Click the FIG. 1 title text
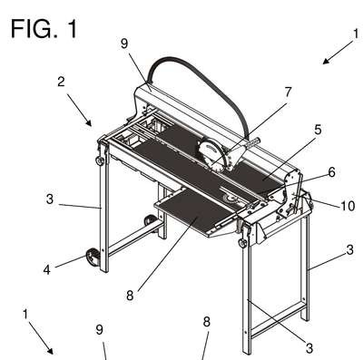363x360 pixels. coord(44,29)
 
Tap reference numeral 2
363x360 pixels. coord(61,82)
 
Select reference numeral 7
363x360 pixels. coord(287,92)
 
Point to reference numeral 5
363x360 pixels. coord(318,130)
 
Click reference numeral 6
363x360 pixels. coord(331,172)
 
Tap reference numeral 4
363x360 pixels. coord(46,270)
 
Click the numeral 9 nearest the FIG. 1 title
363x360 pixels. coord(124,44)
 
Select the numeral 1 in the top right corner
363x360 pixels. coord(356,34)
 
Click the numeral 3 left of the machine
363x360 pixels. coord(50,199)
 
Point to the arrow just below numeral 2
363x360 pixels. coord(79,110)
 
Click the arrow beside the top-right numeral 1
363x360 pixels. coord(338,53)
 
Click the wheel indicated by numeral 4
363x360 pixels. coord(93,258)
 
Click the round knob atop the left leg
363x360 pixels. coord(100,161)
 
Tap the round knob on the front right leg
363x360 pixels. coord(242,243)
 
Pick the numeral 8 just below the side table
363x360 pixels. coord(130,296)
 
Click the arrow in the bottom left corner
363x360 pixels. coord(41,338)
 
